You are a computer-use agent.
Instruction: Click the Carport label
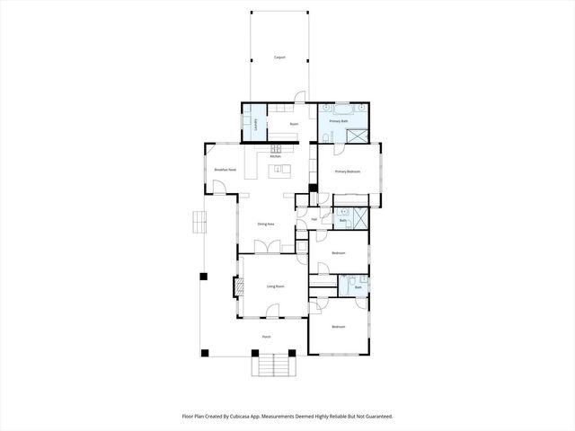(x=279, y=57)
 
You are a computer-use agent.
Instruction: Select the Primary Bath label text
(x=339, y=119)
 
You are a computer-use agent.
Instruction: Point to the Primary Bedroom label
(x=348, y=171)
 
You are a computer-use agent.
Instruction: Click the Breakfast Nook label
(x=225, y=170)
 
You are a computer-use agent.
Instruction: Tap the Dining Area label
(x=265, y=224)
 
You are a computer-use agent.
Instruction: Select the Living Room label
(x=275, y=286)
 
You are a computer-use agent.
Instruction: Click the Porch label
(x=266, y=337)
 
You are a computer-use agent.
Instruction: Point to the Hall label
(x=314, y=218)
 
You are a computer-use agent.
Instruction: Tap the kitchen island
(x=279, y=169)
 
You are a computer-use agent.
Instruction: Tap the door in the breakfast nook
(x=218, y=189)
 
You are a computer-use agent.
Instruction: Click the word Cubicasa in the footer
(x=243, y=417)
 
